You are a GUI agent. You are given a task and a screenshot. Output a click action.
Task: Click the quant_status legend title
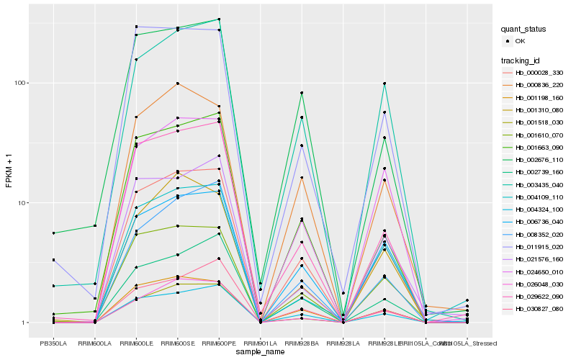coord(524,30)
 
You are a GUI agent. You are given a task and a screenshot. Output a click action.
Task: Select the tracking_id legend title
coord(521,60)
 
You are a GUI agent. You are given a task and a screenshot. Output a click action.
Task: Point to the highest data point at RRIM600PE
coord(219,19)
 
